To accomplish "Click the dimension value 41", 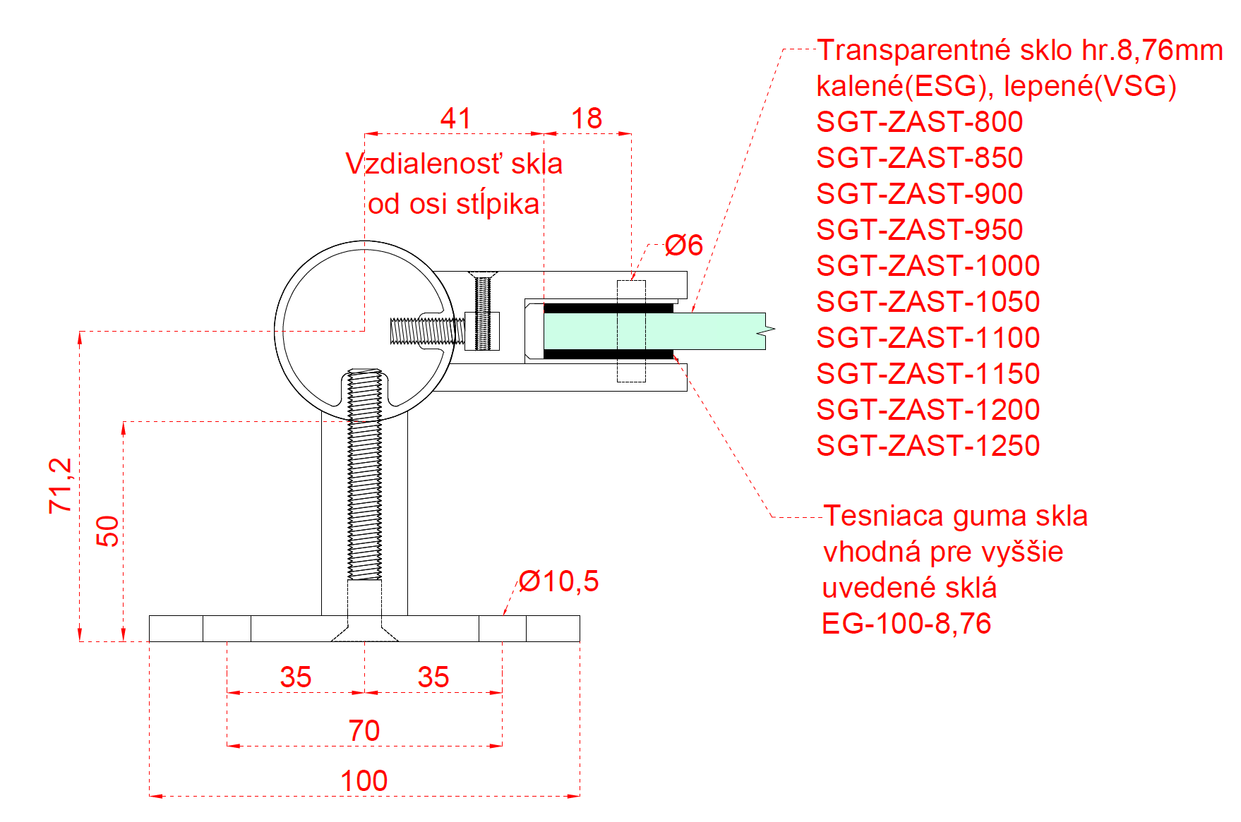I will point(455,119).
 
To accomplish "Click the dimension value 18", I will point(587,119).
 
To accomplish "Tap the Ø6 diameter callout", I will point(684,246).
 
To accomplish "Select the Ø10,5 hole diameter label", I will point(559,581).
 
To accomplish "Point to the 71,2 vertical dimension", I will point(61,485).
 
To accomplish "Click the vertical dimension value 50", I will point(108,531).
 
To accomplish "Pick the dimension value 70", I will point(364,730).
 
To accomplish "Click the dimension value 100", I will point(364,781).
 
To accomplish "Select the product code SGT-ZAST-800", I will point(919,122).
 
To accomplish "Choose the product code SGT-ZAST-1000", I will point(928,266).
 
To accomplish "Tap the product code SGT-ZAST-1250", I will point(928,446).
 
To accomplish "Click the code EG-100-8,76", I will point(906,624).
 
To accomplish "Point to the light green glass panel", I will point(706,331).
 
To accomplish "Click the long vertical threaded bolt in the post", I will point(365,480).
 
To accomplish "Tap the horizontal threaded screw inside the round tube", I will point(426,331).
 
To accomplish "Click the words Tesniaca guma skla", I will point(955,516).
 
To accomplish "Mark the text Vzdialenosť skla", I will point(454,164).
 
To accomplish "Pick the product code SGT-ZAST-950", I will point(919,230).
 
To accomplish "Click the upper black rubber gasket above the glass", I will point(607,308).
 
